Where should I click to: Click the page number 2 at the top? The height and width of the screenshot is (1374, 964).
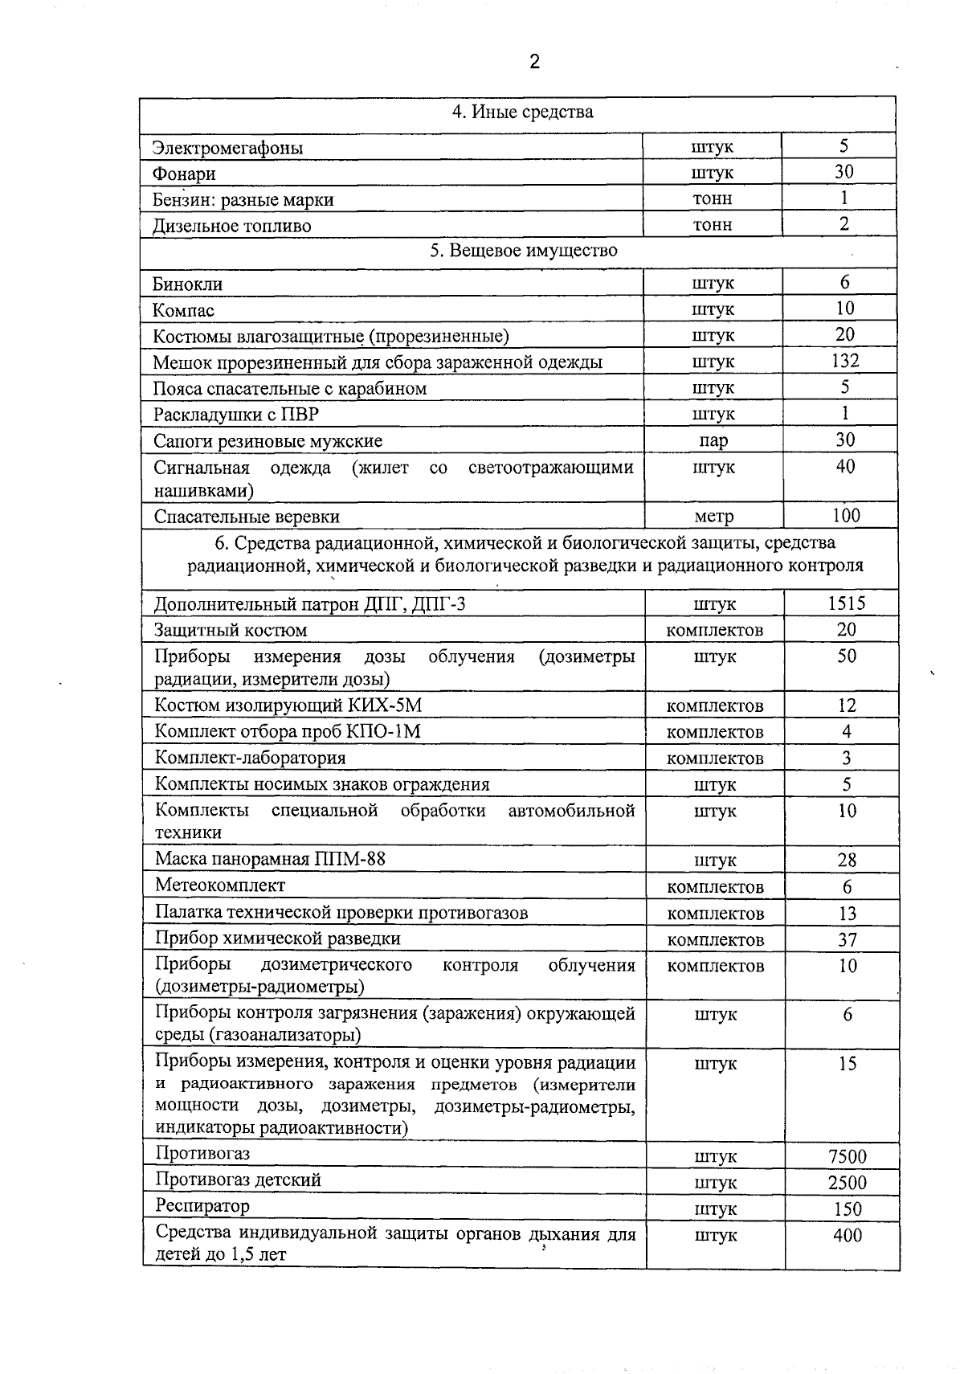(x=535, y=62)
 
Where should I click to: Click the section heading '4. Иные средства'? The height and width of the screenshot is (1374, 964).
(x=522, y=112)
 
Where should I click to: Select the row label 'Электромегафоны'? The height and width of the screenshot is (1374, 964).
(x=228, y=148)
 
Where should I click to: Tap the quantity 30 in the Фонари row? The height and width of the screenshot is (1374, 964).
(x=843, y=171)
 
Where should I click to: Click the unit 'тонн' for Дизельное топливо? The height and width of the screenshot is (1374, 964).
(x=713, y=225)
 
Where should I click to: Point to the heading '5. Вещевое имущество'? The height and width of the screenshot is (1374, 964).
(x=524, y=250)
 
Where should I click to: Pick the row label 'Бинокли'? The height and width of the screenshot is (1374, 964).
(x=188, y=284)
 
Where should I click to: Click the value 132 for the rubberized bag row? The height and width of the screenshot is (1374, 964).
(x=844, y=361)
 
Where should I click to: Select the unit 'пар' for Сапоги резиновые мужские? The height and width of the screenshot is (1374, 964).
(x=713, y=440)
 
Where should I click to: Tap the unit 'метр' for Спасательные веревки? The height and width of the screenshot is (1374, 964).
(x=713, y=516)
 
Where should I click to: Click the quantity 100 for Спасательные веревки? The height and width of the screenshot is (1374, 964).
(x=846, y=515)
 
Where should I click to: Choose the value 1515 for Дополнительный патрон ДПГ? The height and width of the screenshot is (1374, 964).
(x=847, y=603)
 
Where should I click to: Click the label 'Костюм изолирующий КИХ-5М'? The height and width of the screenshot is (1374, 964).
(x=288, y=705)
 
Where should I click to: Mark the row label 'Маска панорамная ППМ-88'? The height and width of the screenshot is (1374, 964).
(x=270, y=859)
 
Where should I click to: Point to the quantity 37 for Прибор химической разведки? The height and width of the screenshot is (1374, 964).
(x=848, y=939)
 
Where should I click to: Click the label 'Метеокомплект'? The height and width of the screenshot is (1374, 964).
(x=220, y=885)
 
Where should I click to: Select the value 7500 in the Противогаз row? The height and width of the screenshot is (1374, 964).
(x=848, y=1156)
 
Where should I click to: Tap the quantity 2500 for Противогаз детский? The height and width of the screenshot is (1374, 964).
(x=848, y=1183)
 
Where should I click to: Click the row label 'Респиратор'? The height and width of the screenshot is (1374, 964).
(x=202, y=1205)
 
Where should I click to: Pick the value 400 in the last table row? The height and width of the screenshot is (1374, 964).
(x=848, y=1235)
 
